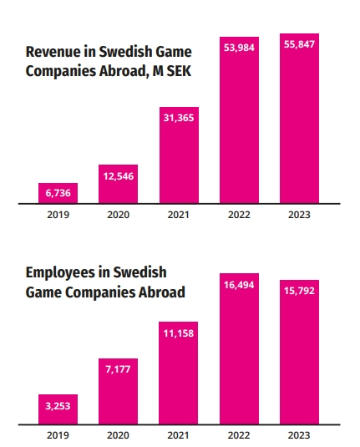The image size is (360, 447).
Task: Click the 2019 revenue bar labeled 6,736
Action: click(x=58, y=193)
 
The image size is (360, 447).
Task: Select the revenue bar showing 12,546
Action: click(x=118, y=184)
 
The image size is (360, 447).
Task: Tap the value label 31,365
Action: click(x=179, y=118)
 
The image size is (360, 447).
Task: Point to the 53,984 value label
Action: click(x=239, y=48)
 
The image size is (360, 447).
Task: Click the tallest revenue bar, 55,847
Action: click(x=299, y=119)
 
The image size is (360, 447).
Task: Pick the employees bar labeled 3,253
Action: click(x=58, y=409)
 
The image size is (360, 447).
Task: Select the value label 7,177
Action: click(x=118, y=369)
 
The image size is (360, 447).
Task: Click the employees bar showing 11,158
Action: click(x=179, y=373)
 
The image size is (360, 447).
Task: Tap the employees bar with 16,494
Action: click(x=239, y=349)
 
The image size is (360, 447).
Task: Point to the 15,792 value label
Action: click(x=299, y=291)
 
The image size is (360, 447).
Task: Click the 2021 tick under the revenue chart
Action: click(x=179, y=215)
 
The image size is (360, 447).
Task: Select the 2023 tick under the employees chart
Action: click(x=299, y=435)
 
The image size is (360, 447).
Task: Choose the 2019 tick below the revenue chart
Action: click(x=58, y=215)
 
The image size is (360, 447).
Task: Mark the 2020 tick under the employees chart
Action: click(x=118, y=435)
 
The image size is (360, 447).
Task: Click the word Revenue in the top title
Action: click(x=53, y=52)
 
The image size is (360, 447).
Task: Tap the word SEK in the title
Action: click(x=179, y=71)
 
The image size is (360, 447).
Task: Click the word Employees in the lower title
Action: click(x=60, y=273)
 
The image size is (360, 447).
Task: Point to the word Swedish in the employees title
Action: click(x=140, y=272)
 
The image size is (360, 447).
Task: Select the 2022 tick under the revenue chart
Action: click(x=239, y=215)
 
